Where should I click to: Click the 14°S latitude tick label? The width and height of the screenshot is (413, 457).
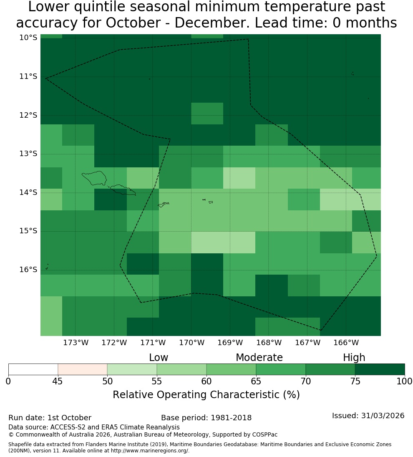(28, 192)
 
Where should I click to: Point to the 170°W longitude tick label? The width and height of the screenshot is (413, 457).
(191, 343)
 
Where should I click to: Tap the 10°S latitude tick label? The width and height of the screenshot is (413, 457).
(28, 38)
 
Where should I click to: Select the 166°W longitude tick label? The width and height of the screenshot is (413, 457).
(346, 343)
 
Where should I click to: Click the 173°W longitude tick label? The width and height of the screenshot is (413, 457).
(76, 343)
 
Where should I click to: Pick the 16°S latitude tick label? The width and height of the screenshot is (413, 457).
(28, 270)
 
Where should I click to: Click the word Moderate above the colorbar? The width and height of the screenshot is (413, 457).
(259, 357)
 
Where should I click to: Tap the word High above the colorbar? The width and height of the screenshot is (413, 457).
(354, 358)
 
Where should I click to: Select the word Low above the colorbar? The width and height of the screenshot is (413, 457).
(159, 358)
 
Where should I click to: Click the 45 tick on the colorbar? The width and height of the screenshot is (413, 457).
(58, 381)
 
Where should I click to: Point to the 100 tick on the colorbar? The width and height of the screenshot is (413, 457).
(405, 381)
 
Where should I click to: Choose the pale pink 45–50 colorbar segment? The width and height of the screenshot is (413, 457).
(83, 369)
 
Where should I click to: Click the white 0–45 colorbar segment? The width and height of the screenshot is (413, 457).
(33, 369)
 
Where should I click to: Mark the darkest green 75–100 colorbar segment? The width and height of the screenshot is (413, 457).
(380, 369)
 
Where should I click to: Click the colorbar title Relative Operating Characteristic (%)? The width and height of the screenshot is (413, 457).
(206, 395)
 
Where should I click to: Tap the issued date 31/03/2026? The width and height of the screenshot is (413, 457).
(383, 416)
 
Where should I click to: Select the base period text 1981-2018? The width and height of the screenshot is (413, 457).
(231, 418)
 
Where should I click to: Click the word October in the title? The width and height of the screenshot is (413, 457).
(133, 23)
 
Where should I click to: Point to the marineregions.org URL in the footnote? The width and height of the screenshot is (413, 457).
(150, 451)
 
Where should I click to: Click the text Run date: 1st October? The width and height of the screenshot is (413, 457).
(50, 418)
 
